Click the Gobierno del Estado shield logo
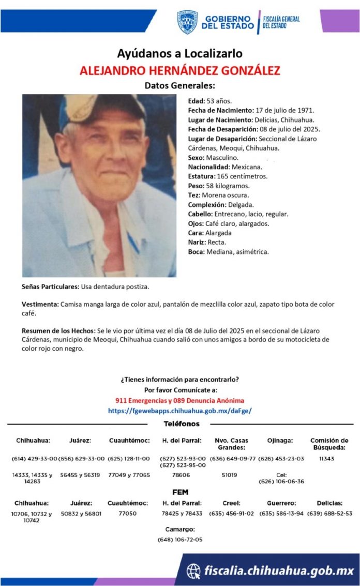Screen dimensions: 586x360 coord(187,22)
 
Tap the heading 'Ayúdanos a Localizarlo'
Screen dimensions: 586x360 coord(179,53)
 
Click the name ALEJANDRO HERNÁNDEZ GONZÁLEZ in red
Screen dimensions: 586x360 coord(179,70)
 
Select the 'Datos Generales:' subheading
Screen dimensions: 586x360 coord(179,85)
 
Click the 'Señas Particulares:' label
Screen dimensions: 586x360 coord(51,287)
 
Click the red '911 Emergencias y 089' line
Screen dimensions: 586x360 coord(179,400)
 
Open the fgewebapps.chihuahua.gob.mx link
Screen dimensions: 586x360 coord(179,411)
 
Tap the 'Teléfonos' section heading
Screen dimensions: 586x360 coord(181,424)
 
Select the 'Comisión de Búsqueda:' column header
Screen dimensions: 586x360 coord(329,444)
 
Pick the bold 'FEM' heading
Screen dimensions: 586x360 coord(180,491)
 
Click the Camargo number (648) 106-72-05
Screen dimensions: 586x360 coord(179,539)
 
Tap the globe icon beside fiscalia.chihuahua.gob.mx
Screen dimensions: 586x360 coord(193,570)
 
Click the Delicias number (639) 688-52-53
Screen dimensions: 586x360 coord(329,514)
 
